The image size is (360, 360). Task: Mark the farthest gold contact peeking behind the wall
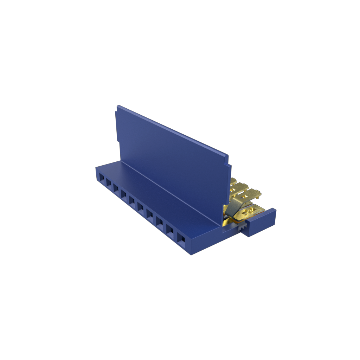[233, 181]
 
